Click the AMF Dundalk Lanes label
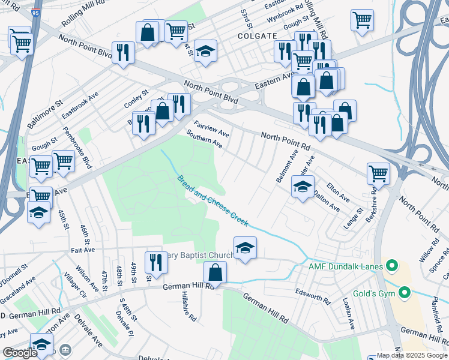345,266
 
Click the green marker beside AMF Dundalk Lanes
392,265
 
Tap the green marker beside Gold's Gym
405,293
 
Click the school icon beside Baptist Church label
245,247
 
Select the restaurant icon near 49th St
154,262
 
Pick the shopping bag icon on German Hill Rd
215,272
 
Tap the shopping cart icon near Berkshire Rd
378,173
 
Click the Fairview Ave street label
212,128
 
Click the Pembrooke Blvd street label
84,154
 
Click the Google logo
20,353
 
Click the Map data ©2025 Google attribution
412,355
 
